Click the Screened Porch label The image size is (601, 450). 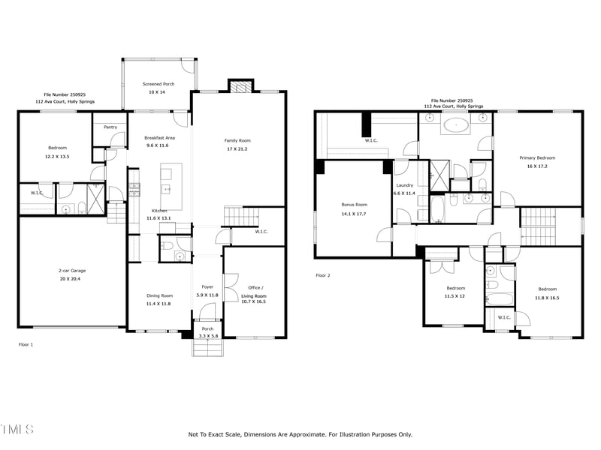[159, 84]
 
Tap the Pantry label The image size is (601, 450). [110, 127]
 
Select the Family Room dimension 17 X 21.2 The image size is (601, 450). [237, 148]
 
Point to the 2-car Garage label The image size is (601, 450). [71, 270]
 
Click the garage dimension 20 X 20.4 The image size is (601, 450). [71, 278]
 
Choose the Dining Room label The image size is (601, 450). [159, 295]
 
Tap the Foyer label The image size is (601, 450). [208, 287]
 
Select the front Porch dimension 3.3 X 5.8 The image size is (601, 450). [207, 336]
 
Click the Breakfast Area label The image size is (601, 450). [159, 137]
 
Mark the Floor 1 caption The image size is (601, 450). [26, 344]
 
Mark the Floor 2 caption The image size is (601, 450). [323, 275]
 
